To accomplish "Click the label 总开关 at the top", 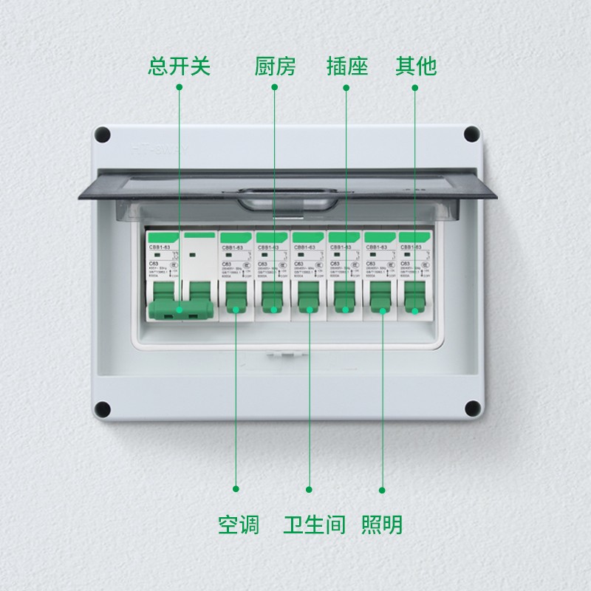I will (180, 66).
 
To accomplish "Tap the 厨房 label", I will (275, 66).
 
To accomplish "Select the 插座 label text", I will (347, 66).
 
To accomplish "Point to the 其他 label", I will (416, 66).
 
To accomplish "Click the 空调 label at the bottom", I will (238, 525).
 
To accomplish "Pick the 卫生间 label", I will (314, 525).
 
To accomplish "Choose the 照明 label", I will (382, 525).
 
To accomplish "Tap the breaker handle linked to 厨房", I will (273, 308).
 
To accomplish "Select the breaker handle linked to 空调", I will (236, 308).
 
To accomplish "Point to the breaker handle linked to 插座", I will (346, 308).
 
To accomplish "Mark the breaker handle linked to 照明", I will (382, 308).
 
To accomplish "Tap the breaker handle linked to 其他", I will (415, 308).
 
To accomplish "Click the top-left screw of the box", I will (103, 135).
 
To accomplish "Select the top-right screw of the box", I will (471, 135).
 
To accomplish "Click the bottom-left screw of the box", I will (103, 409).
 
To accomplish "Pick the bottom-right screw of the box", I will (471, 409).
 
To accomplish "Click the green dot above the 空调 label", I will (236, 488).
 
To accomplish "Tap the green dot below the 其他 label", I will (414, 87).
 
